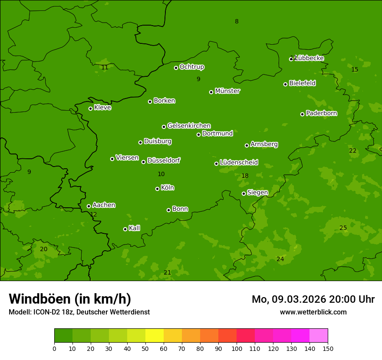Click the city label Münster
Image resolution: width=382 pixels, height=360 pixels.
227,91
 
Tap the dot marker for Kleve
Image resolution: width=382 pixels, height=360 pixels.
90,108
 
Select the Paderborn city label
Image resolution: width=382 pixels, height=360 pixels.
321,113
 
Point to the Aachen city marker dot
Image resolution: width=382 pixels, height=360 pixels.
89,206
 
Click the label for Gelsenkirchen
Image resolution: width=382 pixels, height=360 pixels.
189,126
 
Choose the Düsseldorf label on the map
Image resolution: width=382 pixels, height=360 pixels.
164,160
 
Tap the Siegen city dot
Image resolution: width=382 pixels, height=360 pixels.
244,193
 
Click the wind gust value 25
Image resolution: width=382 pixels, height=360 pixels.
343,228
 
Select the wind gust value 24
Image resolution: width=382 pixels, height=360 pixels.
280,259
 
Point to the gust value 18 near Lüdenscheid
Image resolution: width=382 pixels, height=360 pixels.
245,176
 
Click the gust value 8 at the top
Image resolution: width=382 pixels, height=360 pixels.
237,22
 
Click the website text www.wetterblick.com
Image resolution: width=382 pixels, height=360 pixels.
313,312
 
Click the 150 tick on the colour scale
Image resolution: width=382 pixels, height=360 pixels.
328,349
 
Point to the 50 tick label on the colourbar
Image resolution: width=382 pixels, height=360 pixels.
145,349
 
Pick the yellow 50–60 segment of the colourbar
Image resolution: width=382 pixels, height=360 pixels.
155,336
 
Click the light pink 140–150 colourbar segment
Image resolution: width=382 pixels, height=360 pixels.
319,336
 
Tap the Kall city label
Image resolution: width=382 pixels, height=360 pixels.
134,228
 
